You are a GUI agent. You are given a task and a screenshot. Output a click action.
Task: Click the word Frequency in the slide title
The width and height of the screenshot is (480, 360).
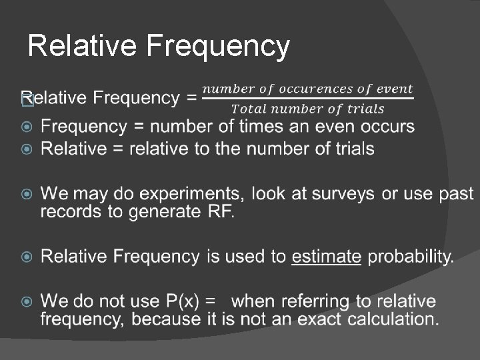(x=217, y=47)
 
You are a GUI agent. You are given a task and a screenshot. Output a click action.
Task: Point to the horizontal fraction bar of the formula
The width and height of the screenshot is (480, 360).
(x=307, y=99)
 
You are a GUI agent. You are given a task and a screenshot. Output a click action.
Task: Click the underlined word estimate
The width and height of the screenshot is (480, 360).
(x=327, y=257)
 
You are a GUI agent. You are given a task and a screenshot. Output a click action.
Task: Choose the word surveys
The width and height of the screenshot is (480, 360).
(x=341, y=194)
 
